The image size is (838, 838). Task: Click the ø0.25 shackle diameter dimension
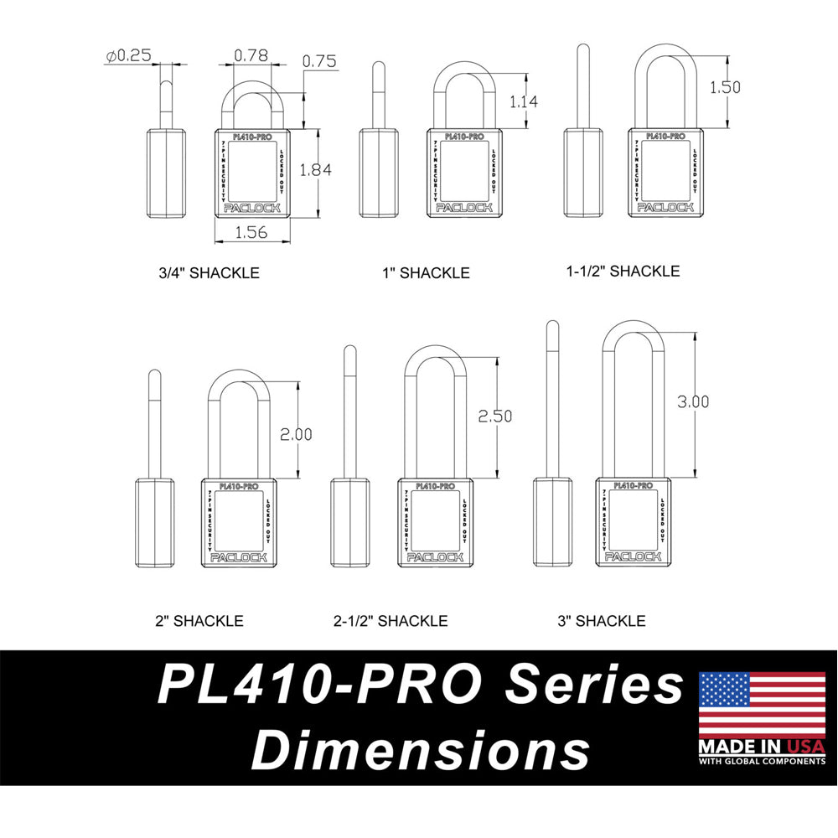coord(128,56)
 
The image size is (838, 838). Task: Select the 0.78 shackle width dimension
coord(251,55)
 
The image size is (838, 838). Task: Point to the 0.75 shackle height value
coord(320,61)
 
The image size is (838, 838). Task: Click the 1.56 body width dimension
coord(251,233)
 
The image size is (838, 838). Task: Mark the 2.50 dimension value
coord(494,416)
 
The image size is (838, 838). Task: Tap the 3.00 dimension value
coord(692,401)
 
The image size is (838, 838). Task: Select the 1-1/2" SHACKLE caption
coord(623,271)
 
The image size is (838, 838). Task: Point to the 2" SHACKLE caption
coord(199,621)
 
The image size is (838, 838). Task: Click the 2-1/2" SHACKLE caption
coord(391,621)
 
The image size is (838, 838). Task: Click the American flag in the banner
coord(762,703)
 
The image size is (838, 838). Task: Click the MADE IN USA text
coord(762,746)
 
